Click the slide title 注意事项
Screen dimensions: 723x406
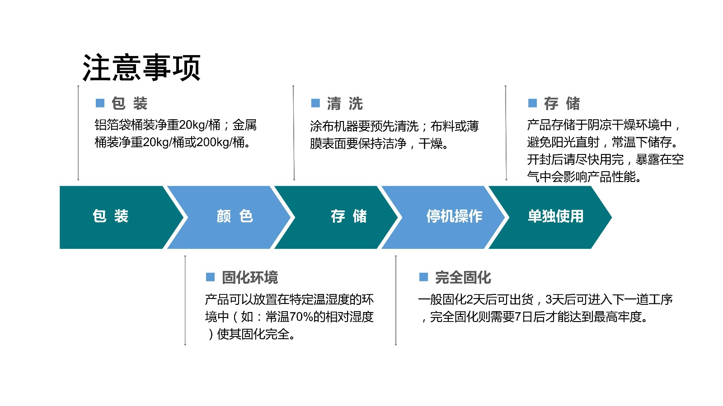point(142,68)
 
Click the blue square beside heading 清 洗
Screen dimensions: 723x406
point(315,103)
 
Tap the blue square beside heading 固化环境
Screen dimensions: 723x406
point(211,277)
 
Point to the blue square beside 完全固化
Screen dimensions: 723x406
point(423,277)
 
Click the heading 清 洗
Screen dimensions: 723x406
point(345,103)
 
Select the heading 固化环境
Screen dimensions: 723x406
point(250,277)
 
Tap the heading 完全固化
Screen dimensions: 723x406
point(463,277)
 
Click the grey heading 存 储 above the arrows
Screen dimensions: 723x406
point(562,103)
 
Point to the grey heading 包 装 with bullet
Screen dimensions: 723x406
point(129,103)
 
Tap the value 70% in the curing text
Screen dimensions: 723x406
point(301,317)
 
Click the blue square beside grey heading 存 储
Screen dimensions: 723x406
point(533,103)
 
